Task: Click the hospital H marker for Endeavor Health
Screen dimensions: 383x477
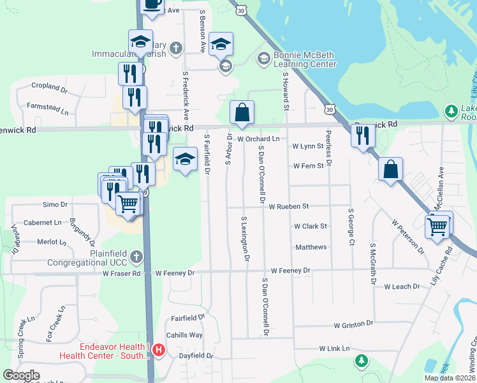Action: pos(159,350)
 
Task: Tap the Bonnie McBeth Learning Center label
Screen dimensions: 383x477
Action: pos(305,59)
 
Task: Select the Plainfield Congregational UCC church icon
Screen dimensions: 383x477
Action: pos(135,257)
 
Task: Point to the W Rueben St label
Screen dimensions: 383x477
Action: pos(288,207)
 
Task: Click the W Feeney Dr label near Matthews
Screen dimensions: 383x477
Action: pos(290,271)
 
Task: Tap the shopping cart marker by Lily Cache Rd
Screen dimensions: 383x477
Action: pos(438,226)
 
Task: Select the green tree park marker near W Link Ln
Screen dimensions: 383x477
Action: pos(362,361)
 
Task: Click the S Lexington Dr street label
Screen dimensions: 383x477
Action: pos(244,239)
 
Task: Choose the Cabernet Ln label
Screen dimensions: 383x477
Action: pos(43,223)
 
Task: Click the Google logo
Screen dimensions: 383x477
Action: pos(21,375)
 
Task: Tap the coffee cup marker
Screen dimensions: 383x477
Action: pos(152,4)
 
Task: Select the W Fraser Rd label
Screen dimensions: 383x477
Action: pos(121,274)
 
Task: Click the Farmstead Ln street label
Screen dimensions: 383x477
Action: pos(47,106)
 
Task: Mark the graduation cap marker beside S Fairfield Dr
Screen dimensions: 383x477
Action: pos(185,160)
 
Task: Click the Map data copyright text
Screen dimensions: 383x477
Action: pos(450,378)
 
